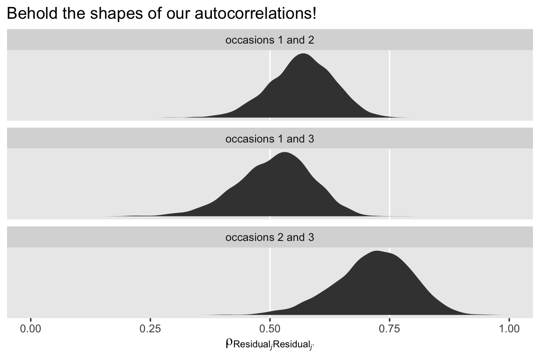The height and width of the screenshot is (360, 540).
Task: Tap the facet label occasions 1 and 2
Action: (270, 40)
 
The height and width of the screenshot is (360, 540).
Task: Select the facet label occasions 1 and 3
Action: (270, 139)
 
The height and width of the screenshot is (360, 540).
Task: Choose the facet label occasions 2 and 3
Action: (270, 237)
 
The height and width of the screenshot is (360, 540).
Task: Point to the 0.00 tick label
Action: (31, 329)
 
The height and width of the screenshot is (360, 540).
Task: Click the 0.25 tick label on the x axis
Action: (150, 329)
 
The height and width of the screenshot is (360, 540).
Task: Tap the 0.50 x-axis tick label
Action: (270, 329)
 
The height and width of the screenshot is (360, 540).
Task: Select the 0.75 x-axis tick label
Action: (390, 329)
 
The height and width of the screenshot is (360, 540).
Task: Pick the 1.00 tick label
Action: (509, 329)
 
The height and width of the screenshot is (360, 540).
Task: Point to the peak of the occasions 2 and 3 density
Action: (376, 252)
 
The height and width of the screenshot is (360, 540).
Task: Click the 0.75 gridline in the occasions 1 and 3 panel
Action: (390, 178)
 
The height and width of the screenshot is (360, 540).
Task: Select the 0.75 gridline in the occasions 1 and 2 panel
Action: (390, 80)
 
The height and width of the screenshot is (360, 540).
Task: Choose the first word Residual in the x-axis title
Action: (251, 345)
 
